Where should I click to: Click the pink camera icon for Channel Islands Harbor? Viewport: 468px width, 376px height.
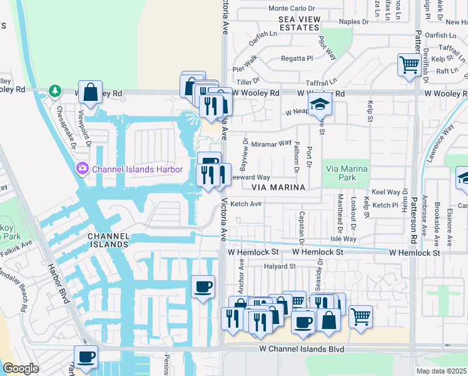(82, 169)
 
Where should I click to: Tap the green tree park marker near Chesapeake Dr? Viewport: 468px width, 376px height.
(55, 91)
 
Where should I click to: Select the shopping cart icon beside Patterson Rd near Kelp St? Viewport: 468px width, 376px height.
(409, 65)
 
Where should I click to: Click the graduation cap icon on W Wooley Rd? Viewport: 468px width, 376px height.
(320, 105)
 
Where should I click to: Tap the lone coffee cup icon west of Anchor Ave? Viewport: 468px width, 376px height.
(203, 287)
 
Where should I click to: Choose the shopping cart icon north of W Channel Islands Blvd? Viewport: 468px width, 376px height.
(360, 316)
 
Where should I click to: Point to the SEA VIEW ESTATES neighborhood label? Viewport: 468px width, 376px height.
(299, 24)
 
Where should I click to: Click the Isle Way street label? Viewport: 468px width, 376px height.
(343, 239)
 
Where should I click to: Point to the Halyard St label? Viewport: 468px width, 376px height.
(279, 266)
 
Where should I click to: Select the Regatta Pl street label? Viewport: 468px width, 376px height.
(297, 58)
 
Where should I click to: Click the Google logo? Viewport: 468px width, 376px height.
(20, 368)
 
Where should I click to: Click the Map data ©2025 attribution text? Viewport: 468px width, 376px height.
(441, 371)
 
